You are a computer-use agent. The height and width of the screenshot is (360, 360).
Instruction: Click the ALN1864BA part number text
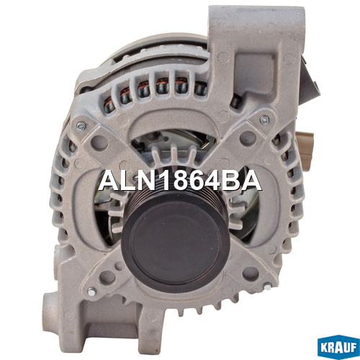point(180,181)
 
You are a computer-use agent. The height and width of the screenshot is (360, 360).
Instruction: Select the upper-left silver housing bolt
point(81,125)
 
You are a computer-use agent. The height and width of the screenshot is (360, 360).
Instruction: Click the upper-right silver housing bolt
point(264,119)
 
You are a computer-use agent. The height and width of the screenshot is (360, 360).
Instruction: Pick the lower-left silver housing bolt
point(91,292)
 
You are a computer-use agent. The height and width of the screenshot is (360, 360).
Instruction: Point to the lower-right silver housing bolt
point(267,287)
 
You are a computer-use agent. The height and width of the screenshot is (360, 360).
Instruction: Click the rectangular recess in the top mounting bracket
point(255,73)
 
